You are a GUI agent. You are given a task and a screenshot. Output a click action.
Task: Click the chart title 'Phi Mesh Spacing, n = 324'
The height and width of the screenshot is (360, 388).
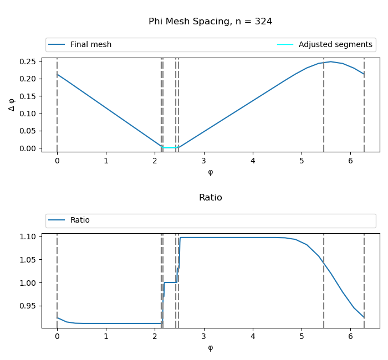pyautogui.click(x=210, y=22)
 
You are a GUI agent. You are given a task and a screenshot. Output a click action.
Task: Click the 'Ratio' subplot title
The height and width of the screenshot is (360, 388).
pyautogui.click(x=210, y=198)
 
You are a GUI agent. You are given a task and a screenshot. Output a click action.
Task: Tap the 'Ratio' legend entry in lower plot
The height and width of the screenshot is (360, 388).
pyautogui.click(x=80, y=220)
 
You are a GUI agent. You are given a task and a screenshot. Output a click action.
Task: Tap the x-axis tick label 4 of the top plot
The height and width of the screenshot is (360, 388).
pyautogui.click(x=253, y=161)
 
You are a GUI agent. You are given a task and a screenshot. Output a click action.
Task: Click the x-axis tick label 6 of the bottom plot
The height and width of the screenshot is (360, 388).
pyautogui.click(x=350, y=337)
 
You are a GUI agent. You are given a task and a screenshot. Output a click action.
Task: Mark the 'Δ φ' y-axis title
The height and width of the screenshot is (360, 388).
pyautogui.click(x=12, y=105)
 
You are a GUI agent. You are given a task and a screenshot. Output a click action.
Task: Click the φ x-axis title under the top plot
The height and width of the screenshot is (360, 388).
pyautogui.click(x=210, y=172)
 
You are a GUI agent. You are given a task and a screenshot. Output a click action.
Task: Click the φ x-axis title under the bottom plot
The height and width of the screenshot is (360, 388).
pyautogui.click(x=210, y=348)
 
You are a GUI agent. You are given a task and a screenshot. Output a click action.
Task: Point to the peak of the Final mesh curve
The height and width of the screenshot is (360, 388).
pyautogui.click(x=331, y=61)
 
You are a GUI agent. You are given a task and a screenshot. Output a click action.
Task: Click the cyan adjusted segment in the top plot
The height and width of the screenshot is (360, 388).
pyautogui.click(x=169, y=147)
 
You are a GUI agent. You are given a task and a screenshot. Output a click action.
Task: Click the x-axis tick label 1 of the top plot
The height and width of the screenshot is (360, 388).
pyautogui.click(x=106, y=161)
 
